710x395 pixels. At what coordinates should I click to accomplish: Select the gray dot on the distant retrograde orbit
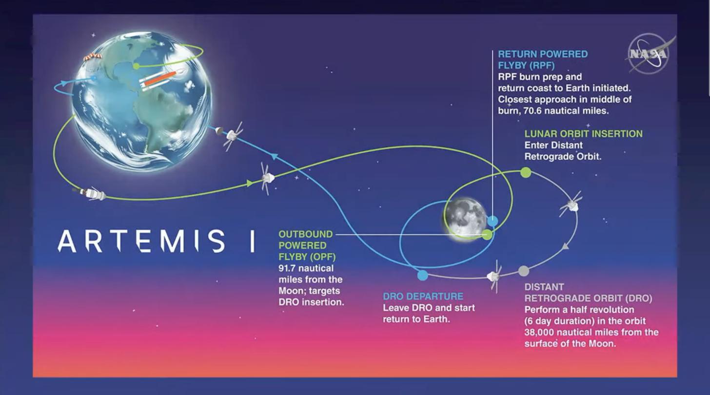(524, 271)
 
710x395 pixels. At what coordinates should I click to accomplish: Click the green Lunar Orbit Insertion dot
(526, 172)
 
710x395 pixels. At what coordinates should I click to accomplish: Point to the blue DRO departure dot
(422, 275)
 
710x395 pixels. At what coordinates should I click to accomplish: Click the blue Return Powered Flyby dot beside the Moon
(493, 221)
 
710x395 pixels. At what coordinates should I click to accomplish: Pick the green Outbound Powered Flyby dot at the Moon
(487, 235)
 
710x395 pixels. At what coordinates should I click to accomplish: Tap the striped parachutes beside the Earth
(93, 57)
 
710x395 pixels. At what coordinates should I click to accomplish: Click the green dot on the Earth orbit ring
(136, 66)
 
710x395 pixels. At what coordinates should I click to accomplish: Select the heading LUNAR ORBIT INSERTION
(584, 134)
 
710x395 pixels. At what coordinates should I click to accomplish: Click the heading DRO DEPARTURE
(423, 296)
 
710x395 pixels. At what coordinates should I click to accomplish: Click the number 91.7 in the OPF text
(287, 269)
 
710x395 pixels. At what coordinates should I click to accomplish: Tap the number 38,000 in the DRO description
(539, 333)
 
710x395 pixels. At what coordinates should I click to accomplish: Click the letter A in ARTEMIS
(67, 241)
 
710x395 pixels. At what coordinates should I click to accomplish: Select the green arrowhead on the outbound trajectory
(250, 183)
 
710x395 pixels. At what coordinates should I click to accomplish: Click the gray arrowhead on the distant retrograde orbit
(565, 246)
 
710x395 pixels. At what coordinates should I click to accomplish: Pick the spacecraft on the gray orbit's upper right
(571, 204)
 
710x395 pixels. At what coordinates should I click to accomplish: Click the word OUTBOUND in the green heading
(306, 234)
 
